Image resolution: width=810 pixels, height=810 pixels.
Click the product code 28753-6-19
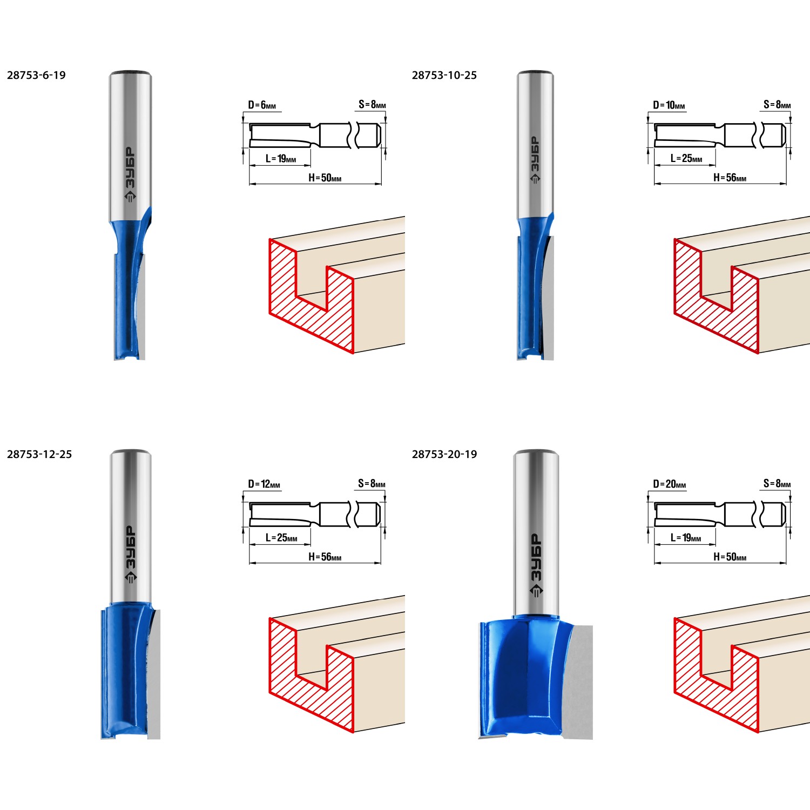[36, 76]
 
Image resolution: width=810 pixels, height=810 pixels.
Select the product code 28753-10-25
[444, 76]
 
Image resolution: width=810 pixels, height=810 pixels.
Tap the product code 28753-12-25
[39, 455]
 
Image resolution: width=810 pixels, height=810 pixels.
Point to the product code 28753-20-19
[444, 455]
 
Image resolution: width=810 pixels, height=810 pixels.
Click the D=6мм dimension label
[262, 105]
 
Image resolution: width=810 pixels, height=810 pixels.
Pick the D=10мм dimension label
[669, 105]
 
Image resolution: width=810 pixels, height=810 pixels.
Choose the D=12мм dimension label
[264, 484]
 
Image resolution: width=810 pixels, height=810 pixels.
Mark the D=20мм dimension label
[670, 484]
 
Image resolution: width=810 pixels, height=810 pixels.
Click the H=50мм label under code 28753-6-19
[325, 178]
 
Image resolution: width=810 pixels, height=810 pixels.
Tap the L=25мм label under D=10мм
[686, 159]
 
